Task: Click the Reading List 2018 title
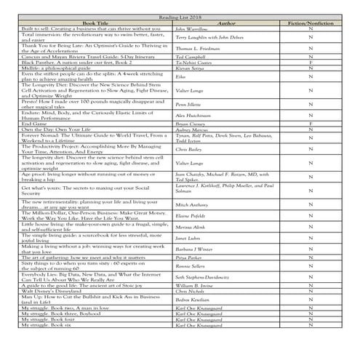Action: click(180, 17)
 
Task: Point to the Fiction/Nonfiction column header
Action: click(311, 23)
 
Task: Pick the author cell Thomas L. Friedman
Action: click(198, 48)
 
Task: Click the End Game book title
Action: click(34, 124)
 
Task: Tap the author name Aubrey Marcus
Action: click(194, 129)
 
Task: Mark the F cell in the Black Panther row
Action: click(311, 63)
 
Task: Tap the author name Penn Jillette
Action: click(191, 105)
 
